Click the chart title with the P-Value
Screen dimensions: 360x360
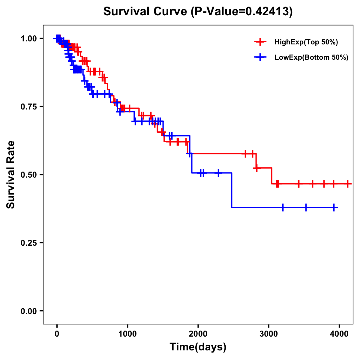[x=198, y=11]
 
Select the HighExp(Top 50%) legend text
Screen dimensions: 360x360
[x=306, y=42]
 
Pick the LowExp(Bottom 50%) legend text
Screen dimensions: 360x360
[x=311, y=58]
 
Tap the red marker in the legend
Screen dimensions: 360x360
[x=260, y=42]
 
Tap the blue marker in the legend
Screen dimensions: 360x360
[x=260, y=57]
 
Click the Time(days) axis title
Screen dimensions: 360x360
[x=198, y=347]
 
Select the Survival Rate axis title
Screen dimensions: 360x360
[x=11, y=175]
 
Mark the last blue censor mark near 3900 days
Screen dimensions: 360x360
[x=334, y=207]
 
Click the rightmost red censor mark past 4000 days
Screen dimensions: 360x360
[x=348, y=184]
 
